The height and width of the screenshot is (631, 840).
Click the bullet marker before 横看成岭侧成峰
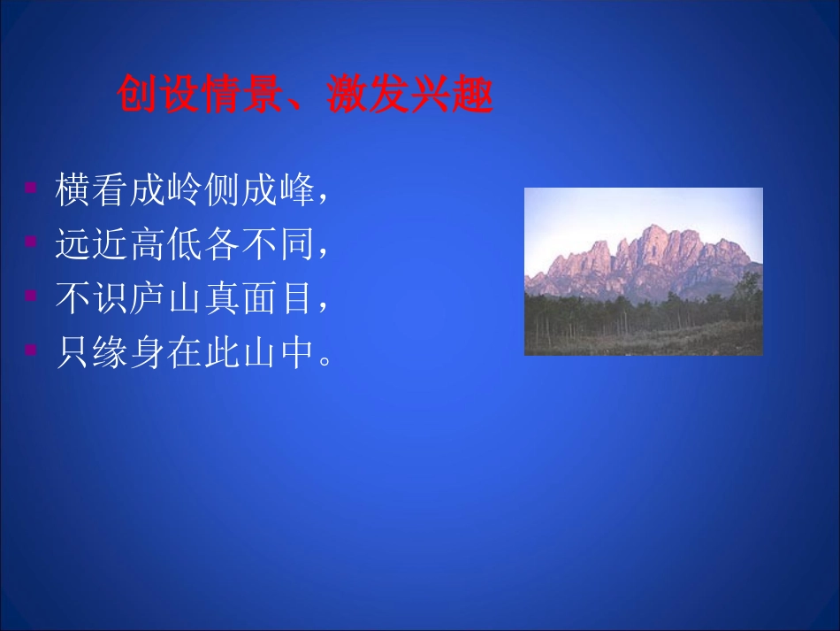click(31, 189)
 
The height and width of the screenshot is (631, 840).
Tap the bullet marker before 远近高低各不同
click(31, 241)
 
